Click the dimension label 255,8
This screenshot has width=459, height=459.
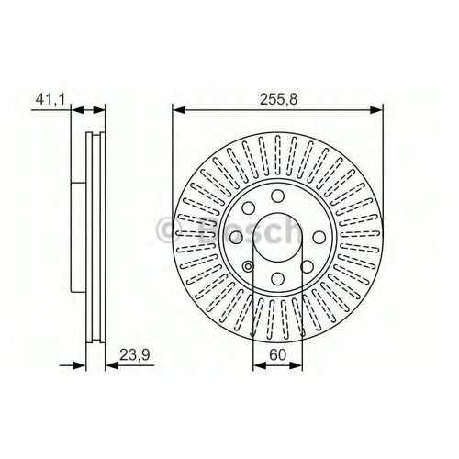278,99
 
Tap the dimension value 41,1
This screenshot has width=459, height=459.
50,99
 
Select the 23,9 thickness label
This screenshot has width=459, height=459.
134,355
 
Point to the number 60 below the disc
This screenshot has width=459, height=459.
278,354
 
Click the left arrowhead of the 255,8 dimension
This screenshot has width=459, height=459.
179,110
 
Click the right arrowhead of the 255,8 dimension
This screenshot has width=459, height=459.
376,110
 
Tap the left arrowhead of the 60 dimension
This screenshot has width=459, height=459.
260,365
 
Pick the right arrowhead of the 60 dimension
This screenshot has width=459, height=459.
296,365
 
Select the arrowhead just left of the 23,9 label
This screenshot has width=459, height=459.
112,365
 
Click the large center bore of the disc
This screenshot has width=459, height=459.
278,237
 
